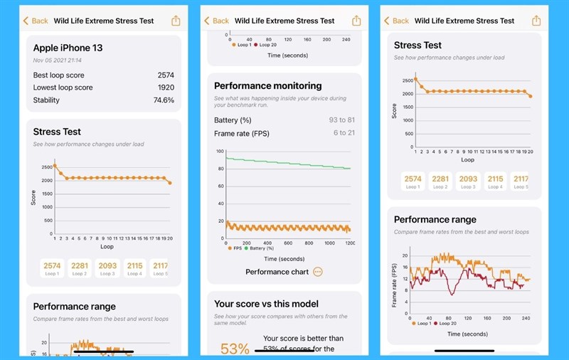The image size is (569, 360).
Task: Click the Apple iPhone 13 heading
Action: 68,48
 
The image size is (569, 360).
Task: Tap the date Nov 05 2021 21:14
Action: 57,60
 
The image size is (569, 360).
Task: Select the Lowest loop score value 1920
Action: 166,88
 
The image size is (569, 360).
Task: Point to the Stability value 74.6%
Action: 164,100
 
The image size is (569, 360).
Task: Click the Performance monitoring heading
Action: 267,86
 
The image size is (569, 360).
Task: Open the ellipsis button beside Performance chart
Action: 317,272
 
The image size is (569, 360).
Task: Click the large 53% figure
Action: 235,348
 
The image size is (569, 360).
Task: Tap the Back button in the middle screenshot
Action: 217,21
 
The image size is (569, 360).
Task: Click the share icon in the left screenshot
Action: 176,21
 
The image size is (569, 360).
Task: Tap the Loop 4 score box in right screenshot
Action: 495,182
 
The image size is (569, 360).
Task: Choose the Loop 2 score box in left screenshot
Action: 80,269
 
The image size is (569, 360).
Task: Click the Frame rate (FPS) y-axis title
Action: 395,285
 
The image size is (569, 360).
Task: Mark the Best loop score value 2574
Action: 166,75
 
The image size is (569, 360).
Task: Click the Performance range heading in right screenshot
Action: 435,219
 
